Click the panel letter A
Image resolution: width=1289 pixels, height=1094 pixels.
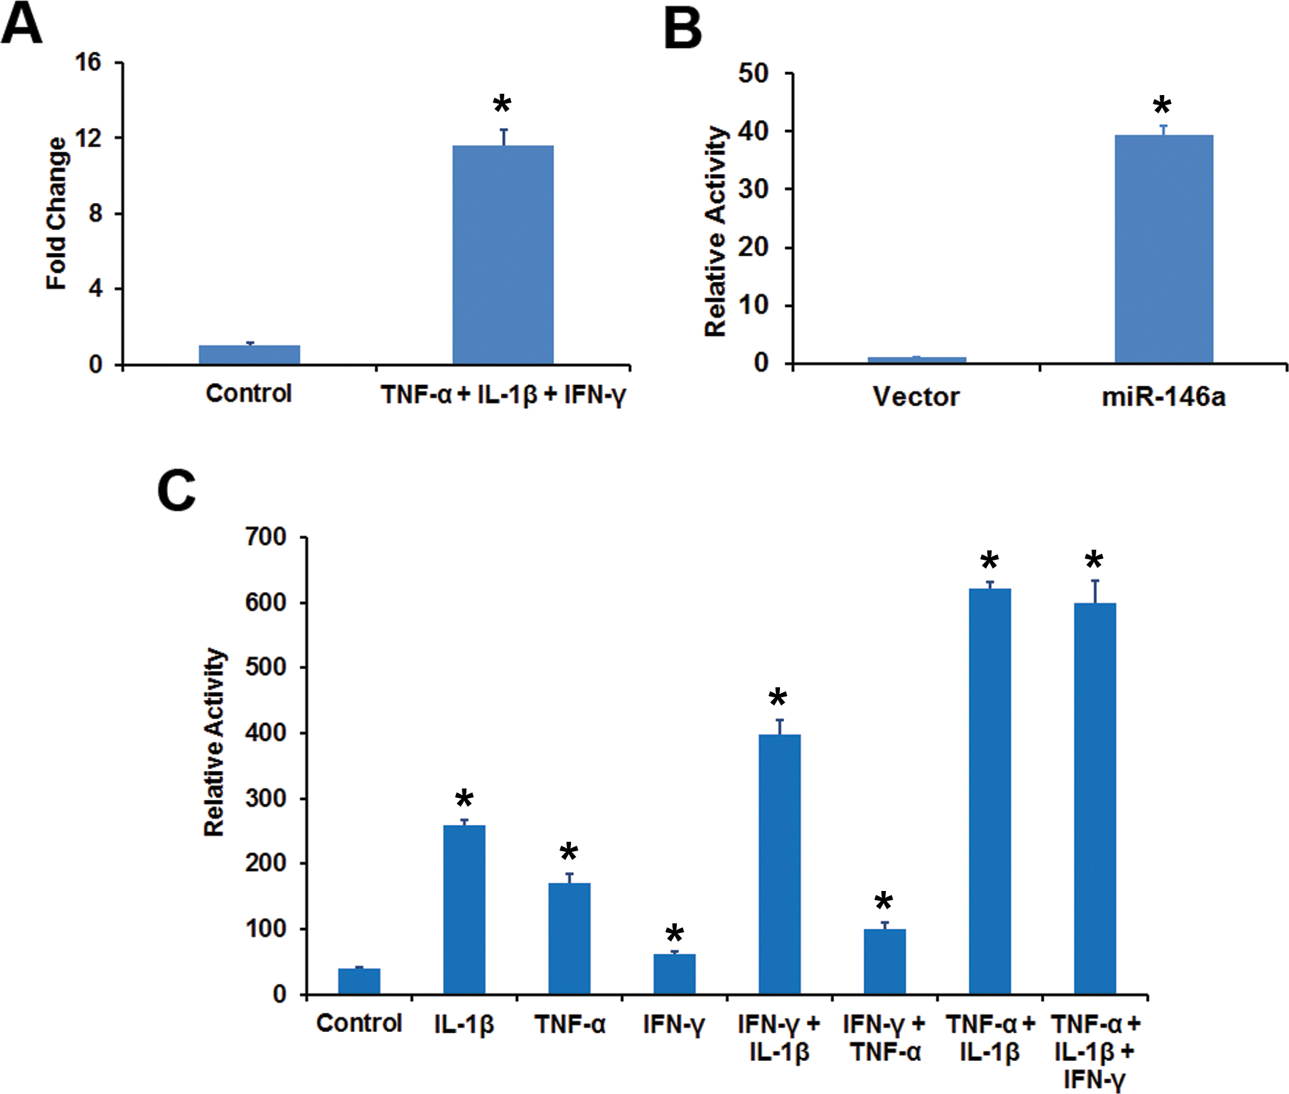pyautogui.click(x=22, y=24)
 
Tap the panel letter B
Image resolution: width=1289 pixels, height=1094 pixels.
pyautogui.click(x=682, y=30)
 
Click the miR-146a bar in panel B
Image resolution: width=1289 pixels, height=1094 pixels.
pyautogui.click(x=1164, y=250)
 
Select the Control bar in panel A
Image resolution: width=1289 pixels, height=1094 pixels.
pyautogui.click(x=249, y=355)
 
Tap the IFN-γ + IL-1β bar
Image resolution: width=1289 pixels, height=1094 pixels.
pyautogui.click(x=779, y=863)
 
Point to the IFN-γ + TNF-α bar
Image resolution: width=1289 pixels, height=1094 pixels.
pyautogui.click(x=885, y=961)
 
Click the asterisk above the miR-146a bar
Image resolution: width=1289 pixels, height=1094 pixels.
pyautogui.click(x=1162, y=106)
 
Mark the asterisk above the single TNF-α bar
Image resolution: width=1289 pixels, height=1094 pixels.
pyautogui.click(x=569, y=852)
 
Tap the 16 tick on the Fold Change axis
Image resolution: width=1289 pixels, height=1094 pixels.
pyautogui.click(x=88, y=63)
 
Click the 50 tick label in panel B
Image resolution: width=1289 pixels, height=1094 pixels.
pyautogui.click(x=753, y=74)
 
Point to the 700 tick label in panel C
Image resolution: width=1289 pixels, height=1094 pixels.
pyautogui.click(x=266, y=538)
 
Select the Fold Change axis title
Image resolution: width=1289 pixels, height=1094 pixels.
pyautogui.click(x=57, y=213)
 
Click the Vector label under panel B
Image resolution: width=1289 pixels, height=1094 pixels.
pyautogui.click(x=916, y=397)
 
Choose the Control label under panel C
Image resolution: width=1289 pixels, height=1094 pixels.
pyautogui.click(x=359, y=1023)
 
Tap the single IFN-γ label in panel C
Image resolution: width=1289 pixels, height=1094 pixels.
pyautogui.click(x=673, y=1025)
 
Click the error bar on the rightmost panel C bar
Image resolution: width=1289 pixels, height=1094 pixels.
pyautogui.click(x=1096, y=591)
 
